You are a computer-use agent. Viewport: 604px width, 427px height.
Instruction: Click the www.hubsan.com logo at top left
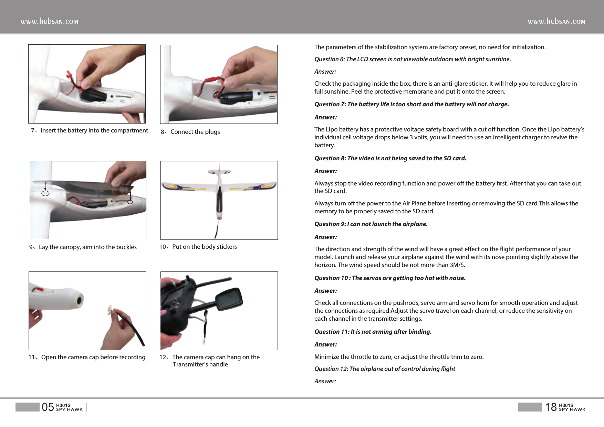(49, 21)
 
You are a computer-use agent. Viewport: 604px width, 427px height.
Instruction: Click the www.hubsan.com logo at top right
(556, 21)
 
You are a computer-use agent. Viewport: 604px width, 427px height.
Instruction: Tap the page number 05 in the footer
(48, 407)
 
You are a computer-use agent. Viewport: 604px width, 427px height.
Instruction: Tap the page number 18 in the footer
(551, 407)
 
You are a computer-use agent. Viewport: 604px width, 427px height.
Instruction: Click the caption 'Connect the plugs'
(195, 132)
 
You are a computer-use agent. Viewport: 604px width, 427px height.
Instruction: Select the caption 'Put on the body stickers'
(205, 247)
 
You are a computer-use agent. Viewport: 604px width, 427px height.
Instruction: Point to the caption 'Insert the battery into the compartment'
(94, 130)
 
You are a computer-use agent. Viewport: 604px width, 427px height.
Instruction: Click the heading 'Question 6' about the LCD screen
(413, 59)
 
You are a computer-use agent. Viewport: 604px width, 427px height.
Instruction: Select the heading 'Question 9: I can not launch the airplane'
(371, 224)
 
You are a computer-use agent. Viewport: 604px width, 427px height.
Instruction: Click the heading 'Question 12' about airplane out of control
(385, 369)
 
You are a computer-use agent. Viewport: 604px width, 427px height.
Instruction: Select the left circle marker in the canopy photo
(45, 193)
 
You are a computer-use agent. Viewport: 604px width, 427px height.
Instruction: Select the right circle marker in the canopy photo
(130, 202)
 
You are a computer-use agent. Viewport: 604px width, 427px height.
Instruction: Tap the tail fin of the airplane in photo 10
(219, 169)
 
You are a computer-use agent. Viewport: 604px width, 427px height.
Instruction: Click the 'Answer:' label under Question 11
(325, 344)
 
